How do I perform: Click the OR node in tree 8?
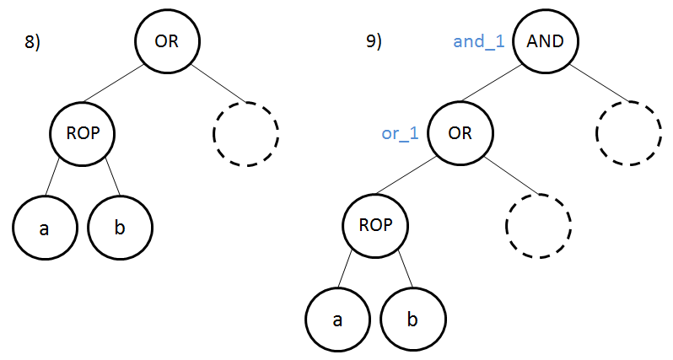point(167,41)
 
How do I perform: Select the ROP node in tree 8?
point(82,133)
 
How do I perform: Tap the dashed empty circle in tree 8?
point(245,133)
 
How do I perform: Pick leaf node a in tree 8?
point(44,228)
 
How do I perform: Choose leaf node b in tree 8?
point(120,228)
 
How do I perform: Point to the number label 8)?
point(32,43)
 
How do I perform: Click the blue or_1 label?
point(401,134)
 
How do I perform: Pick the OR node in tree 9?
point(460,133)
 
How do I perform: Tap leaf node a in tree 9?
point(337,320)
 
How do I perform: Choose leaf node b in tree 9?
point(413,320)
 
